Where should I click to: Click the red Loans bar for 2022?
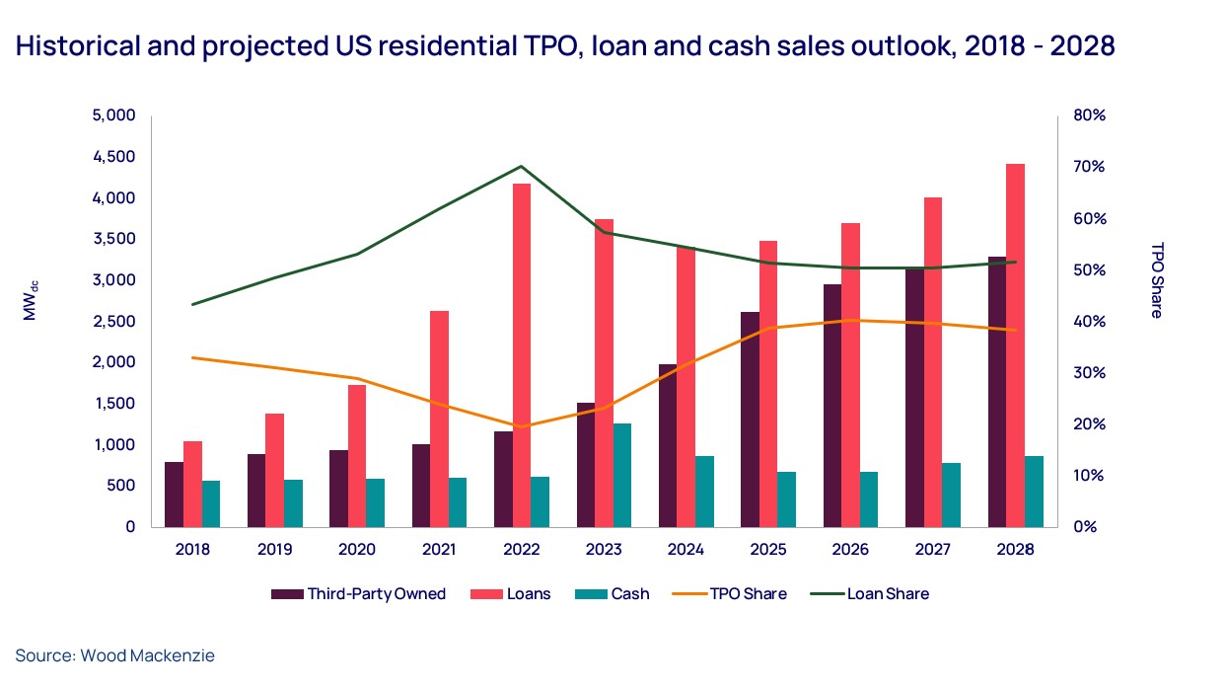coord(522,355)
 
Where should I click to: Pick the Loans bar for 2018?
coord(193,484)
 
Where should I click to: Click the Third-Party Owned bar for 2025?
coord(751,420)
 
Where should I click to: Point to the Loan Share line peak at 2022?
coord(522,167)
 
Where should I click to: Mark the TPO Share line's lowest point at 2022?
coord(522,426)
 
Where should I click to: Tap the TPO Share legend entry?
coord(740,594)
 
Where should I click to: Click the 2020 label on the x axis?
coord(356,550)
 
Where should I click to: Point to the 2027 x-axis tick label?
coord(933,550)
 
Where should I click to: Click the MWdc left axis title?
coord(30,300)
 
